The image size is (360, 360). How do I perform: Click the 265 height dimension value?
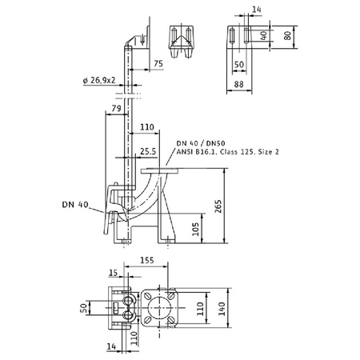218,206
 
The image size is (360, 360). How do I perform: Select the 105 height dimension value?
196,230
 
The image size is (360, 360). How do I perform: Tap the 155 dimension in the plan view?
147,260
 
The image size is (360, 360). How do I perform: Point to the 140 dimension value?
222,309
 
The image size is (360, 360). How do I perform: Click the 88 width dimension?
238,84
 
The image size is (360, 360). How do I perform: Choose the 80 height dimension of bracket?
287,36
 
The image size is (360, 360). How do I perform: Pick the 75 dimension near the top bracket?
158,63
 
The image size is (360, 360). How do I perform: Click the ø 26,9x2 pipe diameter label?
99,80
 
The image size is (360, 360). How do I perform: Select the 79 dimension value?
116,108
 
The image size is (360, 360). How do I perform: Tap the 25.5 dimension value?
148,151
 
